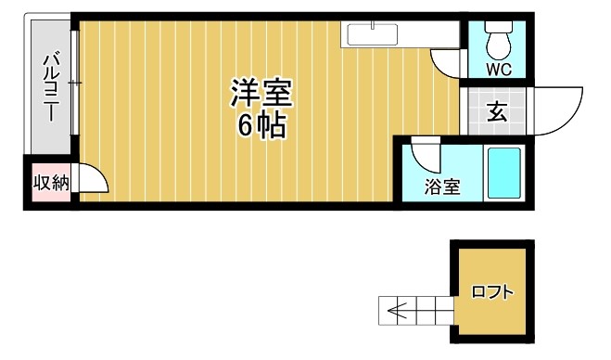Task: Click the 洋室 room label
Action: [261, 95]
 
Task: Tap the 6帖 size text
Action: [261, 126]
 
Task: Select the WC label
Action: [499, 70]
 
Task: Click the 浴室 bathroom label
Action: [442, 186]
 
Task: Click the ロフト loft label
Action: [491, 292]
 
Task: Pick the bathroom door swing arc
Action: [426, 150]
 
